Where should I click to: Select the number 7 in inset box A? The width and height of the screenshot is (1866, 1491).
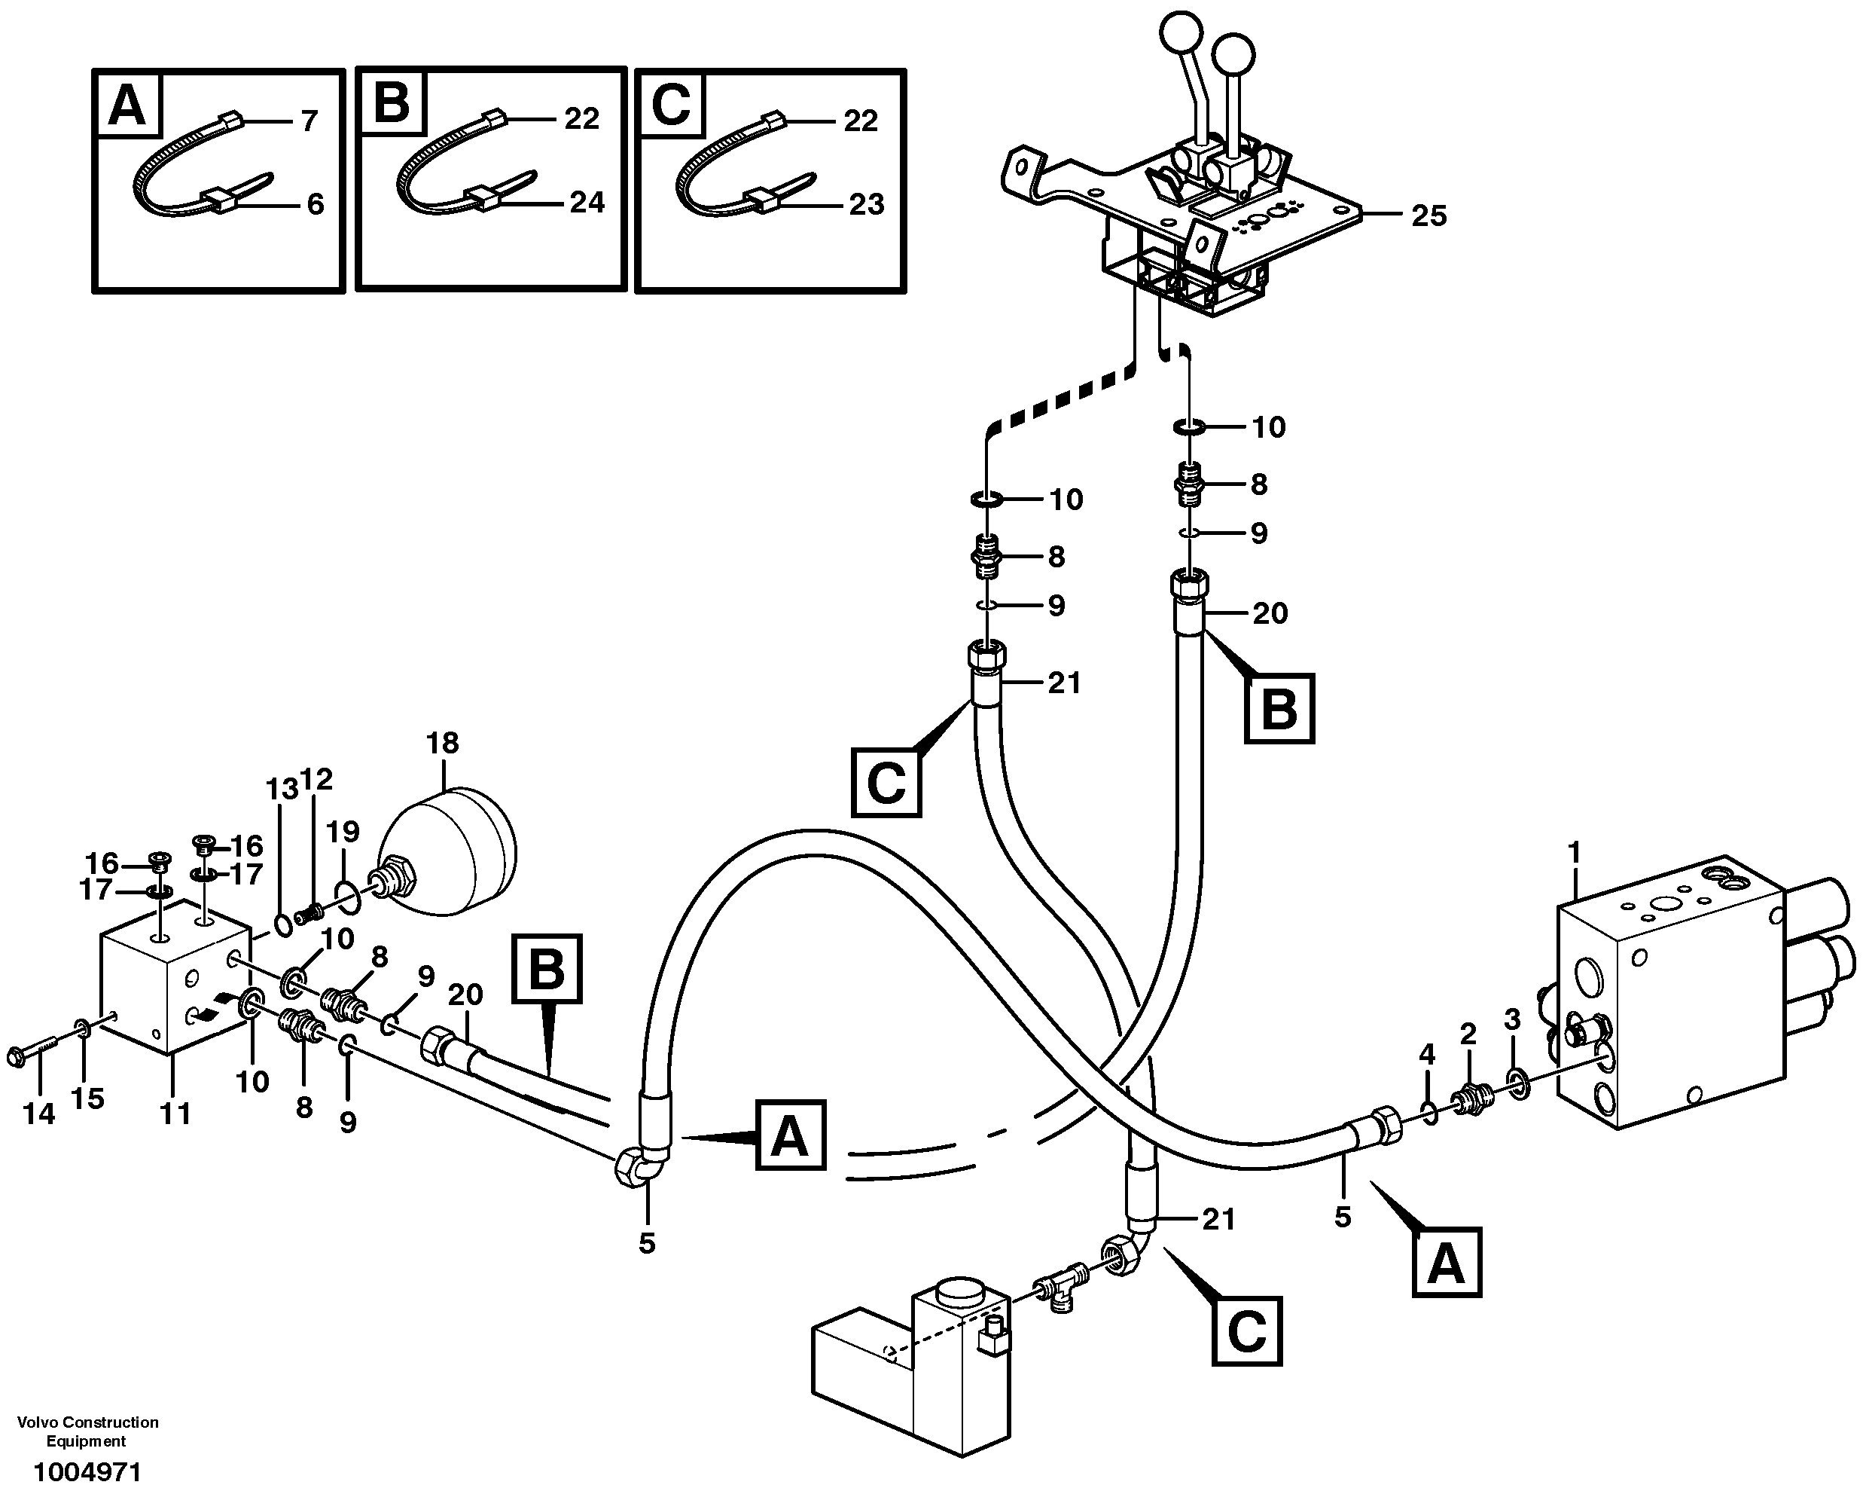coord(309,121)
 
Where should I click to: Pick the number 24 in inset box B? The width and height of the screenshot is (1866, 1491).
coord(587,202)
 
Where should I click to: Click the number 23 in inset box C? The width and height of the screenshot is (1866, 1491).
coord(865,204)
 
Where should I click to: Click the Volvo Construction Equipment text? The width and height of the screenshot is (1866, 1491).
coord(87,1431)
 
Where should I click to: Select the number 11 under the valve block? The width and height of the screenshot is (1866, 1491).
coord(175,1113)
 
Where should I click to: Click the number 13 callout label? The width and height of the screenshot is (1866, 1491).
coord(282,788)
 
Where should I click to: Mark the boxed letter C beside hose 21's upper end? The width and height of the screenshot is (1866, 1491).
coord(886,784)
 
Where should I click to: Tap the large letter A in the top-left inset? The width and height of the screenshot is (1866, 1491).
coord(127,108)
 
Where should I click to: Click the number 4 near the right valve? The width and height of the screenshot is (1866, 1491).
coord(1427,1054)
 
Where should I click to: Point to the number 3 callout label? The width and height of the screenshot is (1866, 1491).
coord(1512,1020)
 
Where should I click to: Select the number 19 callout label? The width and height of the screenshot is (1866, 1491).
coord(343,832)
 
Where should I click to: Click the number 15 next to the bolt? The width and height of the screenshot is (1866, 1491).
coord(87,1098)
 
